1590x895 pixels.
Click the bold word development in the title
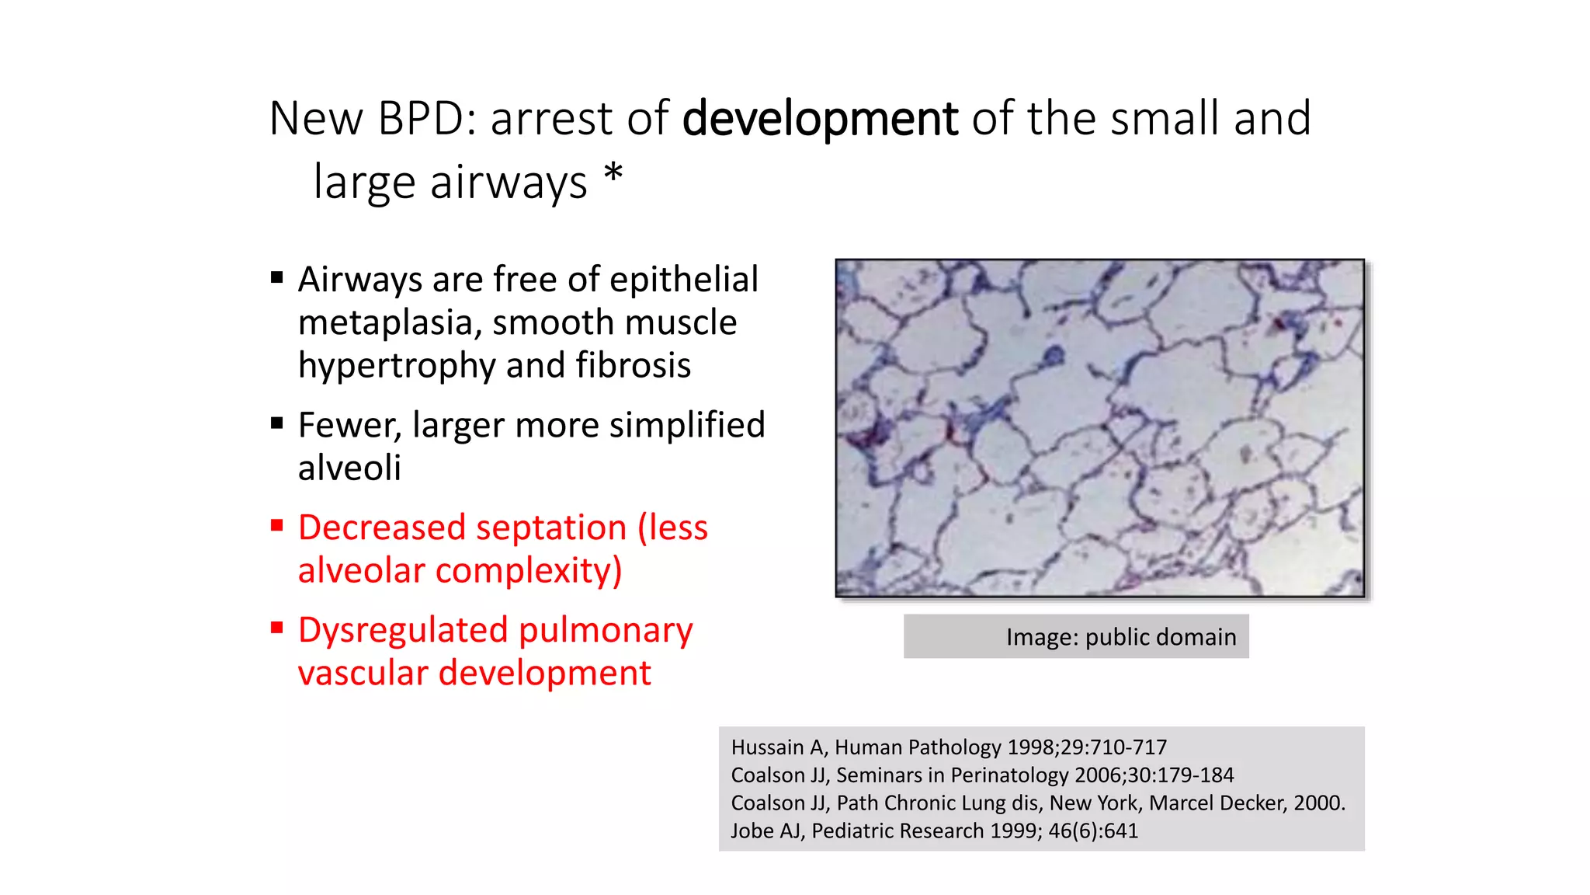tap(820, 119)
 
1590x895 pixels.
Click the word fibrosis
tap(633, 365)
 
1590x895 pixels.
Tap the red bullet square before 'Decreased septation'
tap(277, 525)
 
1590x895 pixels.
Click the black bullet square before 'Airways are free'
tap(277, 277)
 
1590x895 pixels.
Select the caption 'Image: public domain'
tap(1120, 637)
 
